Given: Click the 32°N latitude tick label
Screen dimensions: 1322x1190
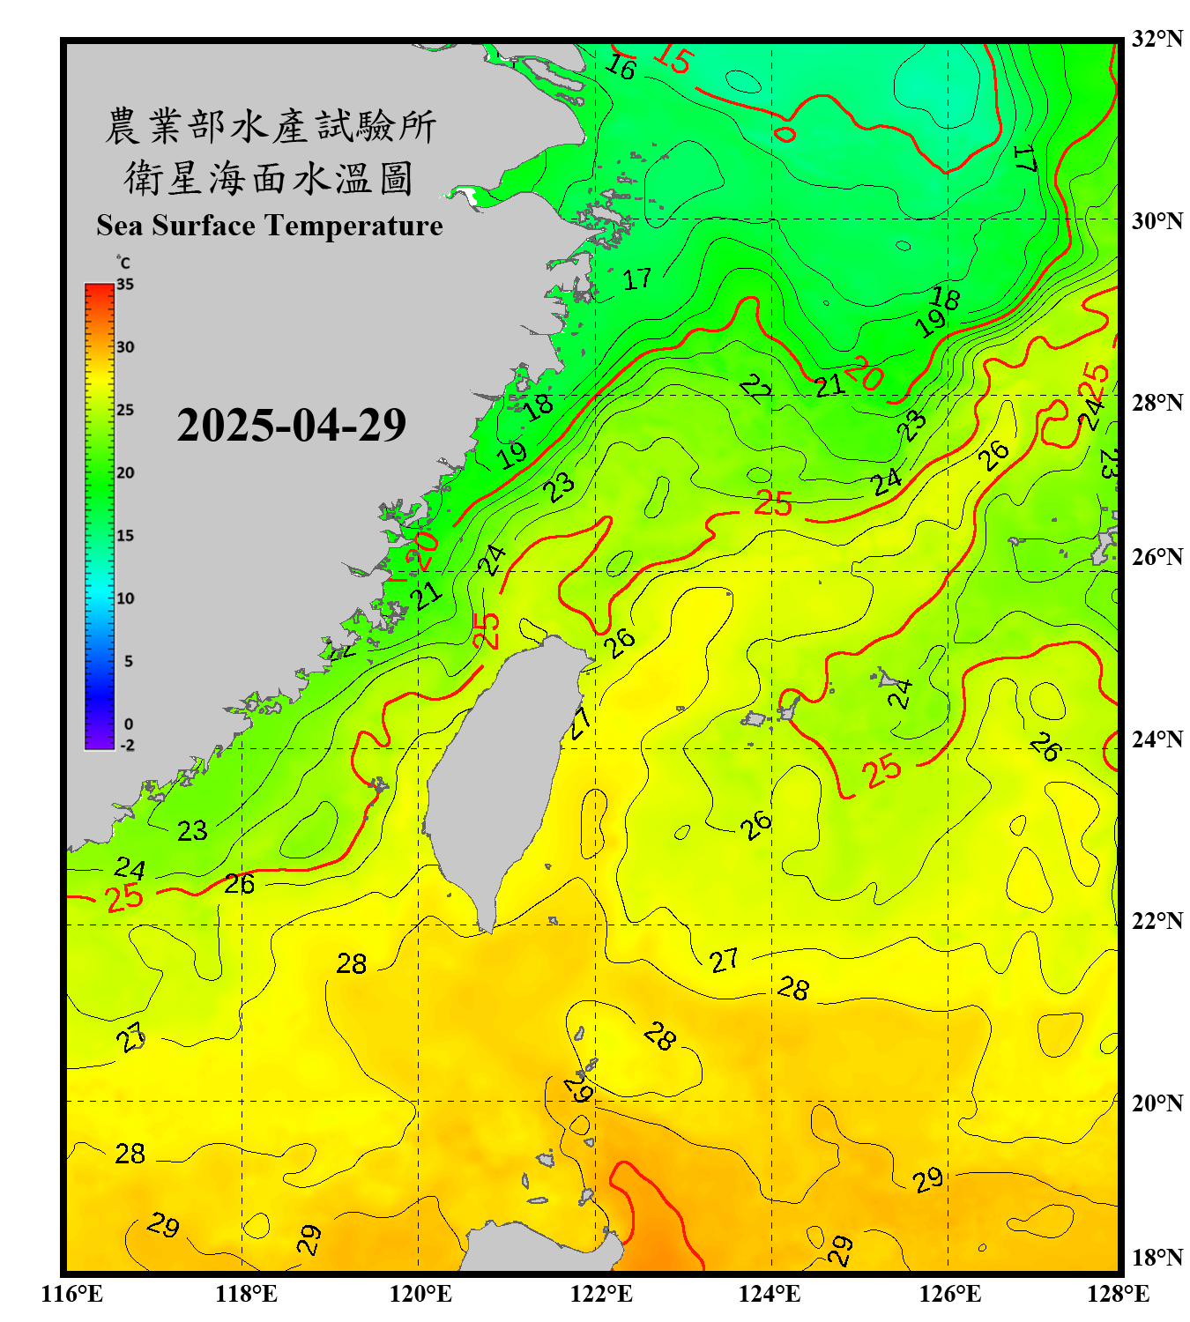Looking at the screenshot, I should [1157, 39].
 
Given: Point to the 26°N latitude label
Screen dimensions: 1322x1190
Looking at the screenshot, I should [1157, 557].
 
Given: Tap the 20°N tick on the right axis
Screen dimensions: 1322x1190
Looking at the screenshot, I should [1157, 1103].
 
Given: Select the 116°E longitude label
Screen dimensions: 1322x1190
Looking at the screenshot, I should [71, 1294].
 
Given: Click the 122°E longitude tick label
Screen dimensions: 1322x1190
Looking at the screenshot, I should [601, 1294].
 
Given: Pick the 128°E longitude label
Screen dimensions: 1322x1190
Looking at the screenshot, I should [1118, 1294].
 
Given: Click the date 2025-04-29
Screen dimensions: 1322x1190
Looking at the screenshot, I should [291, 426].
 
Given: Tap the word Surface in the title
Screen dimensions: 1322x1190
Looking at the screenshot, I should [204, 226].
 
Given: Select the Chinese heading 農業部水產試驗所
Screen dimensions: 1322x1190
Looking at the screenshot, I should [270, 126].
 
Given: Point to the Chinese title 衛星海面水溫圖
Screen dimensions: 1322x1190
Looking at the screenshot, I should [269, 178].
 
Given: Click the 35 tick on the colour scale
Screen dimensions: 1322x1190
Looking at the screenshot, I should [125, 285].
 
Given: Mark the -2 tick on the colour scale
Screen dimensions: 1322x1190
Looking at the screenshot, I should [127, 746].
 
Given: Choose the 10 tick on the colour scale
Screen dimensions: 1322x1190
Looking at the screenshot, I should [125, 598].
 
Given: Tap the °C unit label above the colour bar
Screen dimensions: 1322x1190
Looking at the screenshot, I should [123, 263].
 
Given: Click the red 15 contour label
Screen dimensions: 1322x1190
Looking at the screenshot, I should [673, 59].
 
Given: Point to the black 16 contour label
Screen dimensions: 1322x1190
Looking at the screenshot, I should [621, 67].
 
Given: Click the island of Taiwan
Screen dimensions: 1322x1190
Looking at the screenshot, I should [502, 767].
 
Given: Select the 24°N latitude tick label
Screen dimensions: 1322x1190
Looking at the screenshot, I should [1157, 739].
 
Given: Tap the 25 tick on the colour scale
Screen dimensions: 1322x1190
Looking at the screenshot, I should [125, 410].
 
